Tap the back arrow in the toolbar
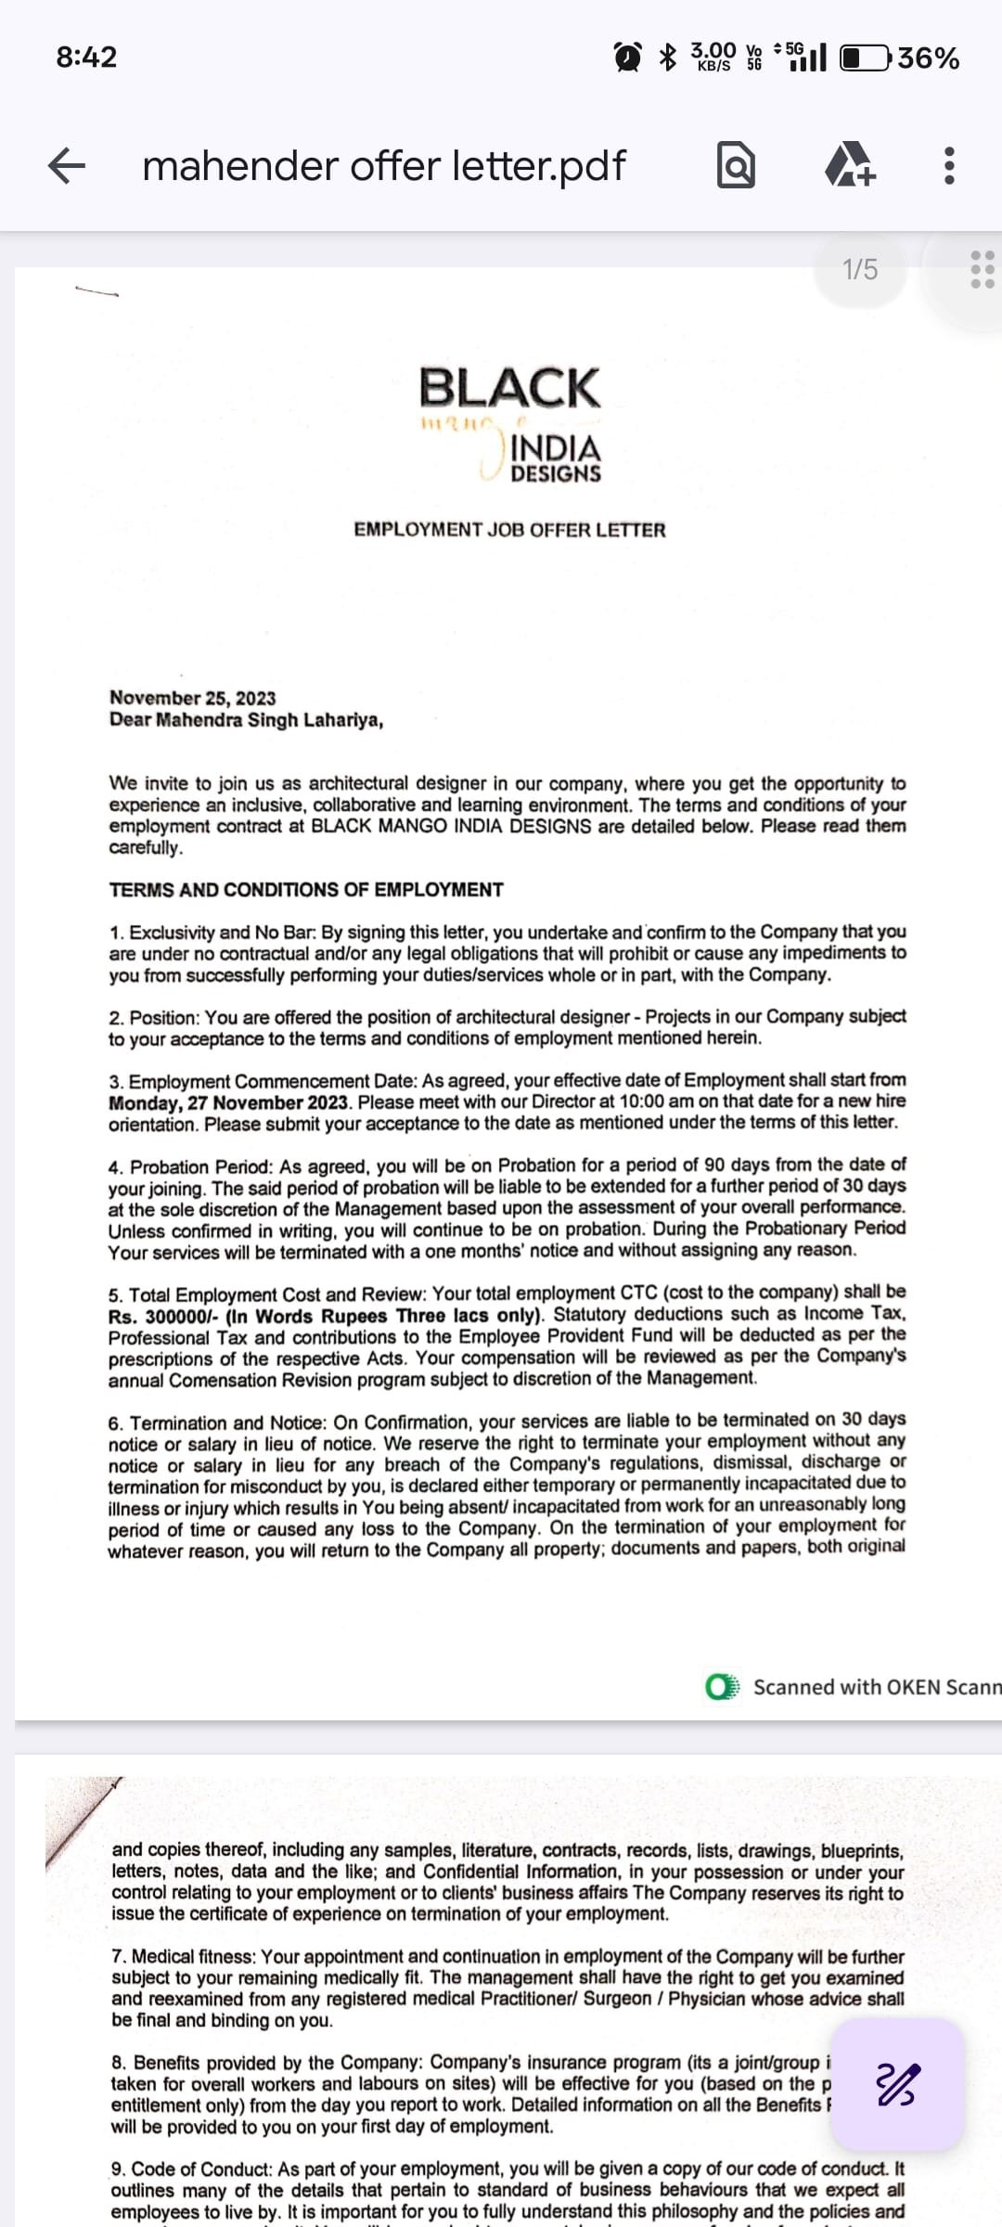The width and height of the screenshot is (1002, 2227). point(67,166)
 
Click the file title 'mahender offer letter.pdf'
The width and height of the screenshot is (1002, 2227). point(383,166)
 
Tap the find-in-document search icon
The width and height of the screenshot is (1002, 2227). point(736,167)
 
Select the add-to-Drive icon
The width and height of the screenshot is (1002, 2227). point(849,166)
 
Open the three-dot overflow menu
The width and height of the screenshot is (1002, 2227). point(948,166)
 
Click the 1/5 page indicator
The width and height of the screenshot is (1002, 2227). point(859,270)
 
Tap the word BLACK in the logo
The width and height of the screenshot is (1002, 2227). point(509,387)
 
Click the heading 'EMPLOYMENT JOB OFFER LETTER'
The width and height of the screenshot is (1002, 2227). point(509,530)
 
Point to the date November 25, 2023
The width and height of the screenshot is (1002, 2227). point(192,698)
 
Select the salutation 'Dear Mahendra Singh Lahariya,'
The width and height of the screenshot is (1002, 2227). point(246,720)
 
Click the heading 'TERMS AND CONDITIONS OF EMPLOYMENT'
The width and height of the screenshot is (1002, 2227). point(306,890)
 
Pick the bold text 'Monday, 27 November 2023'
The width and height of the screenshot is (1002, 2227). point(228,1103)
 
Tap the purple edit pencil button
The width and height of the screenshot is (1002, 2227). point(897,2084)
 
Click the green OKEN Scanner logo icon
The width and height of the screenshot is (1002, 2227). point(722,1686)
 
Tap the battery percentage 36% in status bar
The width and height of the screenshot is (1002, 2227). point(928,58)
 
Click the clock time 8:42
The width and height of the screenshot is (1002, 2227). point(86,58)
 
